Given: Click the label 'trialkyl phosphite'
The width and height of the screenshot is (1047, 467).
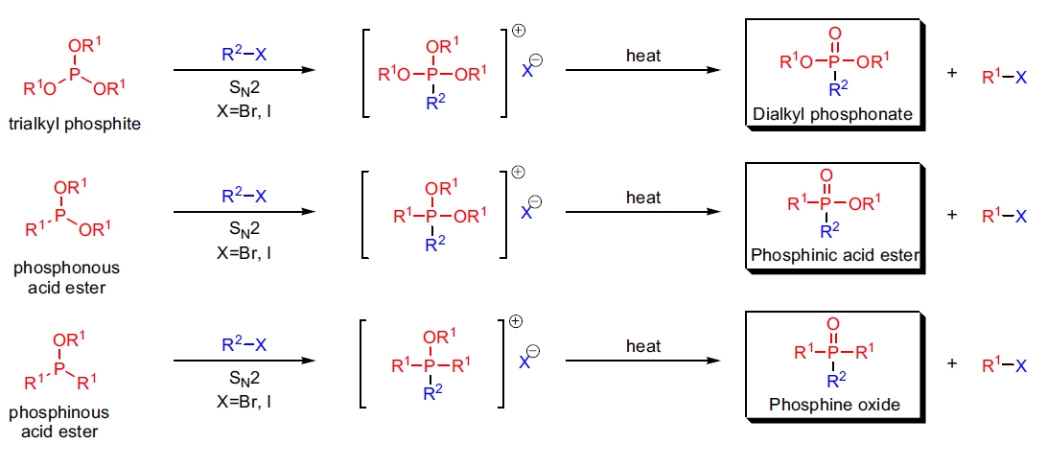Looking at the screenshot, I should point(81,125).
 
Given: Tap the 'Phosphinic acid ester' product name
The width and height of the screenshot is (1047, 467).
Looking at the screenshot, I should point(835,256).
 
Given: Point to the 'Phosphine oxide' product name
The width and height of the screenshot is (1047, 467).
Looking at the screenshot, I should point(834,405).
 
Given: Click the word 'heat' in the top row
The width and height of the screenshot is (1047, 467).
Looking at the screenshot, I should point(643,55).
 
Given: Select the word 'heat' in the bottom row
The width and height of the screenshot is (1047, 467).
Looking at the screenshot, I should point(643,344).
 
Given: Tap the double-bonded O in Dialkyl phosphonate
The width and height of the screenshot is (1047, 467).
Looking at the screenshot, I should point(834,35).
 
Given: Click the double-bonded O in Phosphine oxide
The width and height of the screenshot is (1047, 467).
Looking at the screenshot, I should point(832,324).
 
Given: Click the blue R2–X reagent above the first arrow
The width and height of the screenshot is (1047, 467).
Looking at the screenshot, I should point(244,55).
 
